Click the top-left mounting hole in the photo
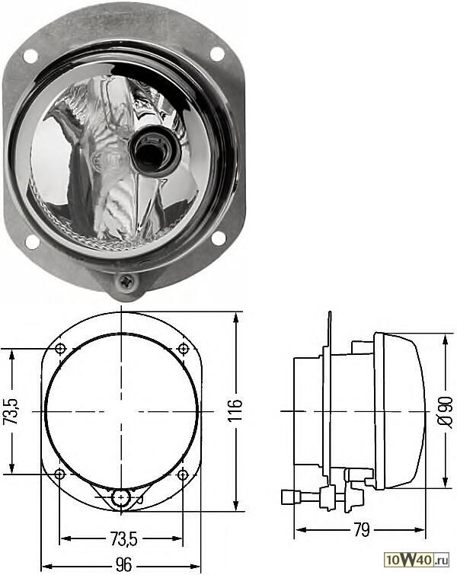pos(30,56)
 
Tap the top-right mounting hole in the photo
pos(217,54)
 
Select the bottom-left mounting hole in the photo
pos(32,241)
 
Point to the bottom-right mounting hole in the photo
pos(218,238)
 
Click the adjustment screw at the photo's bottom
pos(126,284)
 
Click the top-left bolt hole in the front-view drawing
pos(61,349)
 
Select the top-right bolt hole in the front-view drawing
pos(183,349)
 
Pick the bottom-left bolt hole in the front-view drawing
pos(61,474)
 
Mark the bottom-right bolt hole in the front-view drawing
pos(183,474)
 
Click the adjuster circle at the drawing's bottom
pos(120,499)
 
